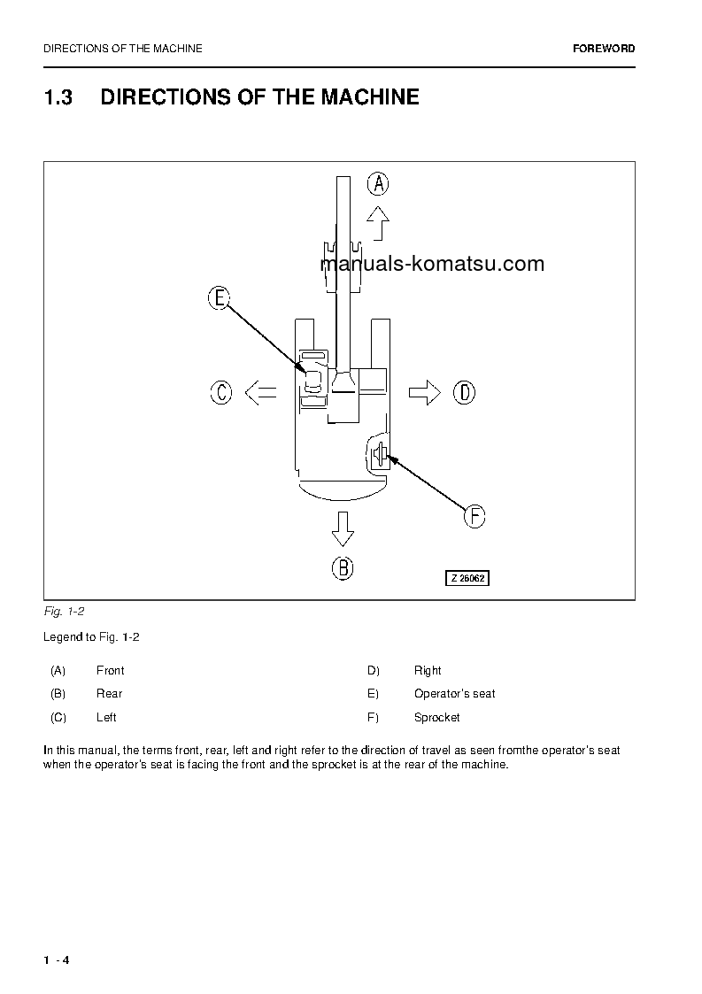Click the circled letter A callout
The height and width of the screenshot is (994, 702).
click(x=378, y=184)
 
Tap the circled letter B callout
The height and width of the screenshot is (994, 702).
click(x=343, y=567)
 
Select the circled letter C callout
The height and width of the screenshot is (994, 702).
click(x=221, y=392)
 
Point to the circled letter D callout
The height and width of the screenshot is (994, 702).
click(x=464, y=392)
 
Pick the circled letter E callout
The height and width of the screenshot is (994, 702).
click(x=219, y=298)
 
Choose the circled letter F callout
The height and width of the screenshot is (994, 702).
click(x=475, y=516)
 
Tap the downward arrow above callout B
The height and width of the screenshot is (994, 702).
click(x=343, y=529)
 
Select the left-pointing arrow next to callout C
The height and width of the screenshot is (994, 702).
click(x=260, y=392)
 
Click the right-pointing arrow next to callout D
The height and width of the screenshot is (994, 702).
click(x=425, y=392)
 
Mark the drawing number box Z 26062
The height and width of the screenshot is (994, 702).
click(x=467, y=578)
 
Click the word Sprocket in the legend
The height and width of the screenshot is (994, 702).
click(x=437, y=718)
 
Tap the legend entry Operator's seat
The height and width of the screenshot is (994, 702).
click(x=454, y=694)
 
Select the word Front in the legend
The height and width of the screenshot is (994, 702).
click(x=111, y=671)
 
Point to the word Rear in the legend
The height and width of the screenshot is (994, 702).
click(x=110, y=694)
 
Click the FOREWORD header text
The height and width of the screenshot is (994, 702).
click(x=604, y=49)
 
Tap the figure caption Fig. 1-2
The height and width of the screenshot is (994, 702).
click(x=64, y=612)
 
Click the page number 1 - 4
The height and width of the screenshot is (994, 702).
click(x=57, y=960)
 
